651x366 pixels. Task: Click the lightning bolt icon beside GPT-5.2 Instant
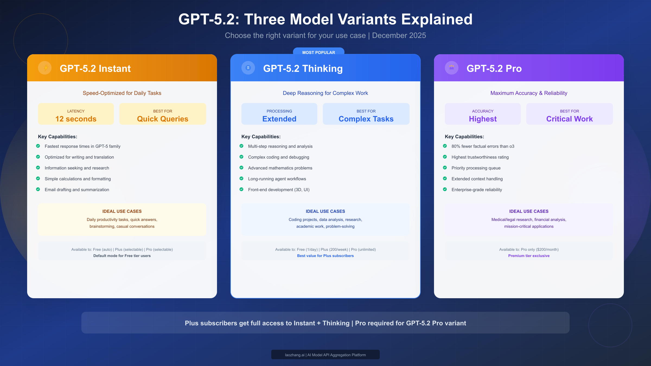(45, 68)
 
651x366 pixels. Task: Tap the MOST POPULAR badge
(318, 52)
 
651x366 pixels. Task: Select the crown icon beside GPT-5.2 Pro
(452, 68)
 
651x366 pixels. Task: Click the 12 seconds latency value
(76, 119)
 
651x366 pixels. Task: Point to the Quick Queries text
(162, 119)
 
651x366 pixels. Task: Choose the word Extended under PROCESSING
(279, 119)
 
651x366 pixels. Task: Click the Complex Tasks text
(366, 119)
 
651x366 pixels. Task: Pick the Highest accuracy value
(483, 119)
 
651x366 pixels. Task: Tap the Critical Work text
(569, 119)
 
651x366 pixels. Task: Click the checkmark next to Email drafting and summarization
(38, 189)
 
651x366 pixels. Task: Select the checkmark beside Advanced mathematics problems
(241, 168)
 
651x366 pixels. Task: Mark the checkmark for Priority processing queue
(445, 168)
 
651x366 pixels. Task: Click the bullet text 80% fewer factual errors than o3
(483, 146)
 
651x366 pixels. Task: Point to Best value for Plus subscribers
(325, 256)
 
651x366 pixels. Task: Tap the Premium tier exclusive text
(529, 256)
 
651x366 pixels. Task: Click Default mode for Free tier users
(122, 256)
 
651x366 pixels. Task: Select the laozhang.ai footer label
(325, 355)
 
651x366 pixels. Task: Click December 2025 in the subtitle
(399, 36)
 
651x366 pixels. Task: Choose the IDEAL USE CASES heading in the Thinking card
(325, 211)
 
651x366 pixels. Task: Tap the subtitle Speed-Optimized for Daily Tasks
(122, 93)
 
